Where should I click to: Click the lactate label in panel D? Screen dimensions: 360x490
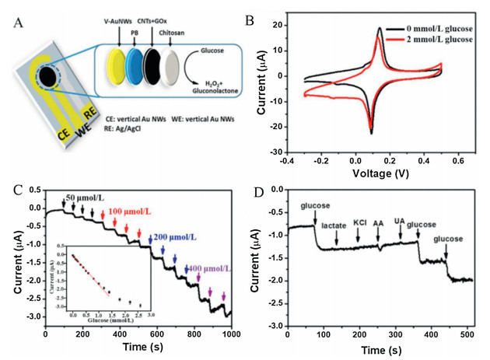coord(336,225)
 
